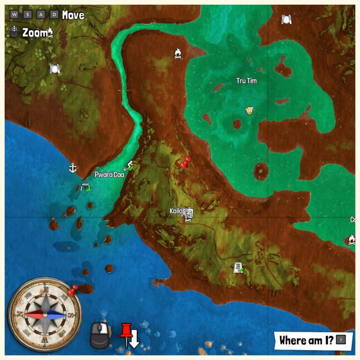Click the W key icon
tap(14, 15)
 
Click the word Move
tap(73, 15)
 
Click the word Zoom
tap(34, 32)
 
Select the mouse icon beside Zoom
tap(15, 32)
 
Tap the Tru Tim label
tap(247, 81)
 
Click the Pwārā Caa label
tap(109, 175)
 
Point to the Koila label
tap(176, 211)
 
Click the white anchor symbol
tap(73, 167)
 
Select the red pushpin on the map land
tap(184, 163)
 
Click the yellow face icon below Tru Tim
tap(249, 110)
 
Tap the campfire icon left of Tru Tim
tap(178, 53)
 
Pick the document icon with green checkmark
tap(238, 267)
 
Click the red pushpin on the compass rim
tap(74, 289)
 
